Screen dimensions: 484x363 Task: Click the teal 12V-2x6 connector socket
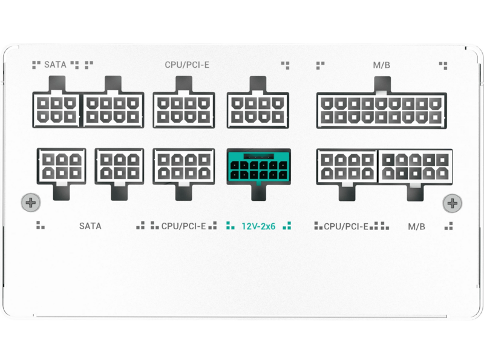pyautogui.click(x=259, y=167)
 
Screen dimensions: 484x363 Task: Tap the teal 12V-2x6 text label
pyautogui.click(x=258, y=226)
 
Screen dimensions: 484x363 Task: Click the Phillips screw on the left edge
pyautogui.click(x=31, y=203)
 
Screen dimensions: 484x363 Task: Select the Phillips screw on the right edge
pyautogui.click(x=452, y=203)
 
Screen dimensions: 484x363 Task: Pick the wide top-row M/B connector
pyautogui.click(x=382, y=110)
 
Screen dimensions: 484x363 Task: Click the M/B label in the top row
pyautogui.click(x=382, y=65)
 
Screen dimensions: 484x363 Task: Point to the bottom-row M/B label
pyautogui.click(x=416, y=226)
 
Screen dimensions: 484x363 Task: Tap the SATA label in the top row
pyautogui.click(x=55, y=65)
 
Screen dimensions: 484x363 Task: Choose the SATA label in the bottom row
pyautogui.click(x=90, y=226)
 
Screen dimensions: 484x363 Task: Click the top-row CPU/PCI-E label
pyautogui.click(x=187, y=65)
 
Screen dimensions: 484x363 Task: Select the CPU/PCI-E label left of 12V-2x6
pyautogui.click(x=183, y=226)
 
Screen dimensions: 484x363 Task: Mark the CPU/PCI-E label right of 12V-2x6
pyautogui.click(x=346, y=226)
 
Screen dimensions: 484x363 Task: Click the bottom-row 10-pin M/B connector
pyautogui.click(x=415, y=167)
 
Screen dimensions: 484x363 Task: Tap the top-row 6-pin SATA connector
pyautogui.click(x=56, y=110)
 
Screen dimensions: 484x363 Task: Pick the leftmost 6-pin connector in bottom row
pyautogui.click(x=62, y=167)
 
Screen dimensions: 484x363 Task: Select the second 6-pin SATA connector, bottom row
pyautogui.click(x=119, y=167)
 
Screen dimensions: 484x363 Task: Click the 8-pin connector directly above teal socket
pyautogui.click(x=258, y=110)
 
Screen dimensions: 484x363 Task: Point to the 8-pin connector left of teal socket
pyautogui.click(x=184, y=167)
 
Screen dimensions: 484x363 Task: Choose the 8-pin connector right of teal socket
pyautogui.click(x=347, y=167)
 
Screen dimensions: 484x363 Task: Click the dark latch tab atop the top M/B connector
pyautogui.click(x=382, y=84)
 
